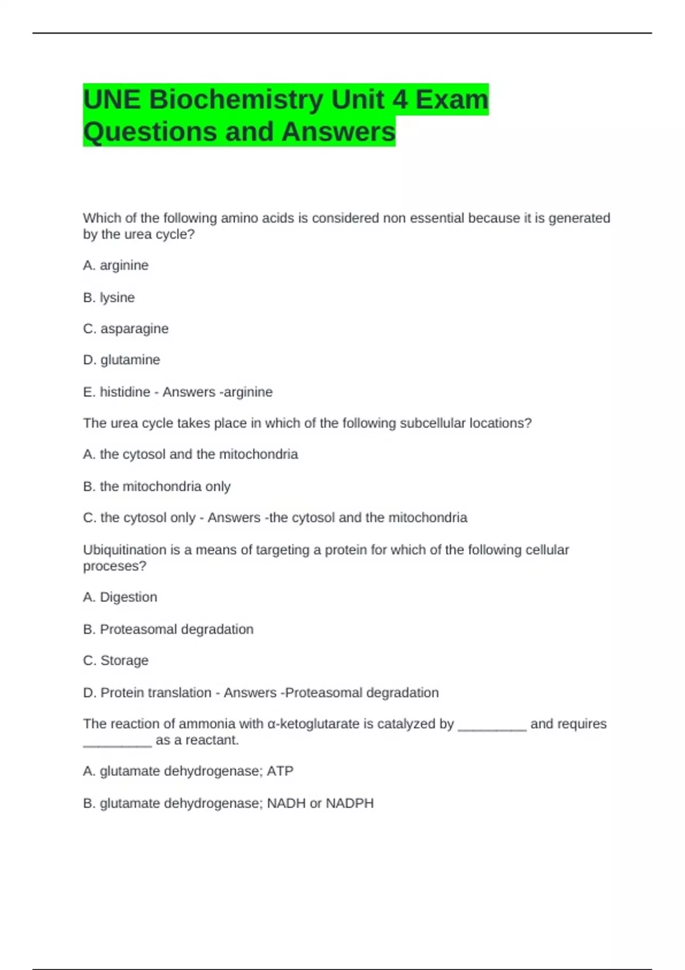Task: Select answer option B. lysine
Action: pos(109,297)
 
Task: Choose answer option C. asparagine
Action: pos(126,329)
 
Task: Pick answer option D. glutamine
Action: pos(122,360)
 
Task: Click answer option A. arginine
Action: pos(116,265)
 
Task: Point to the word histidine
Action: pos(124,392)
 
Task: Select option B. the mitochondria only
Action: pos(157,487)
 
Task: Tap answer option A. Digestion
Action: pos(120,597)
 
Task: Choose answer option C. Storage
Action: pos(116,661)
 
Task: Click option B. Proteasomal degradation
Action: pos(168,629)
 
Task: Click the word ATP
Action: pos(280,771)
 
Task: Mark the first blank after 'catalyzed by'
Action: pos(492,727)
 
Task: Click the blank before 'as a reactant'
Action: pos(118,743)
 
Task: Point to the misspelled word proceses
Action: pos(115,566)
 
